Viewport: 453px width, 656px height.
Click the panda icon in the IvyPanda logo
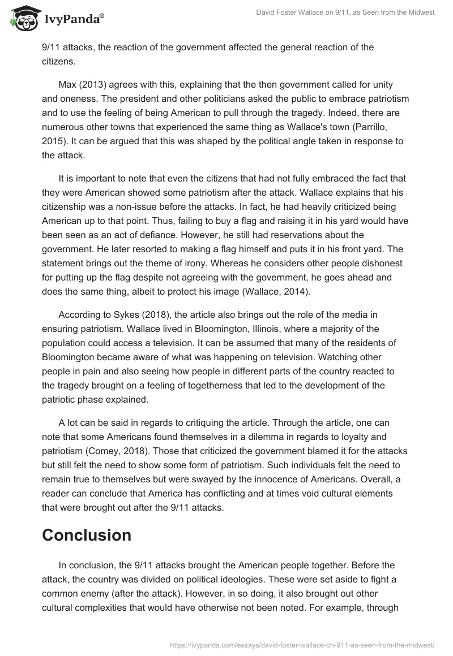click(22, 19)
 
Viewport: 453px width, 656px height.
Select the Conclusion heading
click(87, 535)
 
